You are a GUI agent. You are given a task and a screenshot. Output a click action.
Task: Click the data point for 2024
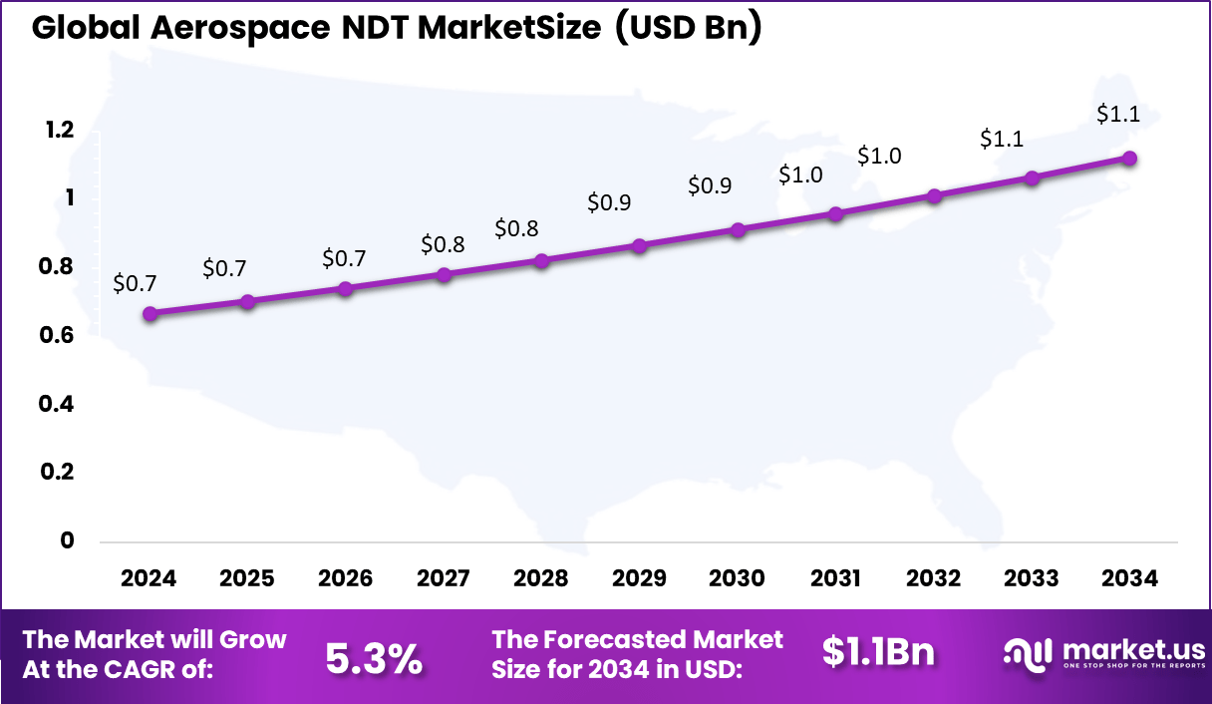[150, 313]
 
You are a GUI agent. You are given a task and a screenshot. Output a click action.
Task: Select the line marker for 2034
[1129, 159]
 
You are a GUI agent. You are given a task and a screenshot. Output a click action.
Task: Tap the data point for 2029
[640, 245]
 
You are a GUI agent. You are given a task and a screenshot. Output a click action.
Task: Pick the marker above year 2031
[836, 213]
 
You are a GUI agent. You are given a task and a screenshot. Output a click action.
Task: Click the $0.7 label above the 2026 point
[344, 259]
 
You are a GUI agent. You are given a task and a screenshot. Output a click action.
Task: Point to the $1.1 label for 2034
[1117, 115]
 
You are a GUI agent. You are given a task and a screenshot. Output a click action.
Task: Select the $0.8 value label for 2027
[442, 244]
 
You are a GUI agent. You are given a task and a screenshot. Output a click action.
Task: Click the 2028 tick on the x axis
[540, 579]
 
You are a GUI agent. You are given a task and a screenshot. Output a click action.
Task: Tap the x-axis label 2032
[934, 579]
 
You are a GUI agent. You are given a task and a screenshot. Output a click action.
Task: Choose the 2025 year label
[247, 579]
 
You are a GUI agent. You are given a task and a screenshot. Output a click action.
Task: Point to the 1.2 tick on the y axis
[59, 130]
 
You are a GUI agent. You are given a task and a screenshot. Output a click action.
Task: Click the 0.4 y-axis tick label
[59, 404]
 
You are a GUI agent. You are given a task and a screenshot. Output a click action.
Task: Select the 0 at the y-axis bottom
[68, 540]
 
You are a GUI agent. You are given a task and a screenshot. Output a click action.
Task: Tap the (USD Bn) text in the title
[688, 29]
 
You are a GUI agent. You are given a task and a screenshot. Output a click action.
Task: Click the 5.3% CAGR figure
[374, 658]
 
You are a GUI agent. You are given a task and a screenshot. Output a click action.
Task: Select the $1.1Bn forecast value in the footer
[878, 652]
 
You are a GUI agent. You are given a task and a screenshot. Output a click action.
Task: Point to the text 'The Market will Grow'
[154, 639]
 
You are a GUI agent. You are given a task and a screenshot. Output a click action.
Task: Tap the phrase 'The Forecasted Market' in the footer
[638, 639]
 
